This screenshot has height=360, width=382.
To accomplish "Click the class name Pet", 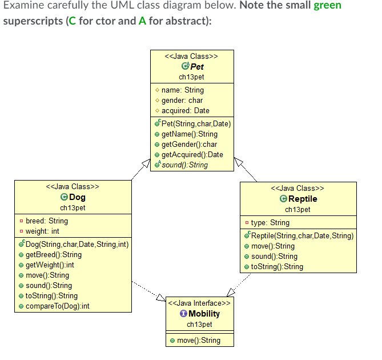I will [196, 66].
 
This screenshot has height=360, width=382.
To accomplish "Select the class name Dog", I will [77, 198].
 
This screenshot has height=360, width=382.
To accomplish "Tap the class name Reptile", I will [303, 199].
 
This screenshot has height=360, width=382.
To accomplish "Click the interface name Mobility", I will [204, 314].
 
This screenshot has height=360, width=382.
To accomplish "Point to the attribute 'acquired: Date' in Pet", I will [185, 110].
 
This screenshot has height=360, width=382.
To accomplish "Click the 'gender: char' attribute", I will [182, 100].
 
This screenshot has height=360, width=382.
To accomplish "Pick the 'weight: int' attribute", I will [42, 231].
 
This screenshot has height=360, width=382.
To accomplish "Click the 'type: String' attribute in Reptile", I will [270, 222].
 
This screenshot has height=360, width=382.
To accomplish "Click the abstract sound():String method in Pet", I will [184, 165].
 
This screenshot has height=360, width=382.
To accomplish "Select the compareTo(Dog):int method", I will [58, 306].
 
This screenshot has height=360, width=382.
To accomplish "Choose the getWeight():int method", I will [50, 265].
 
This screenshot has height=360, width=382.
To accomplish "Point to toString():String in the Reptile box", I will [277, 266].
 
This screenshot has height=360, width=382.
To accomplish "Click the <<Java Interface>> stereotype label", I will [199, 303].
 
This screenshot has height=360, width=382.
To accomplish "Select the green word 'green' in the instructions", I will [327, 6].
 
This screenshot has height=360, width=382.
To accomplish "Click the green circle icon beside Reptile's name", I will [283, 199].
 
